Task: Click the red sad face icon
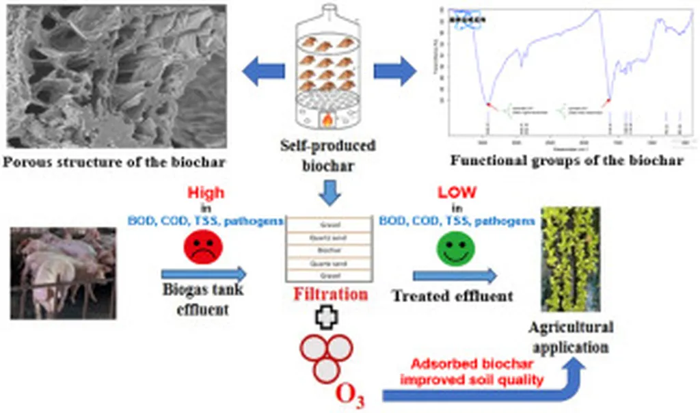click(200, 248)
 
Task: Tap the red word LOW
click(457, 194)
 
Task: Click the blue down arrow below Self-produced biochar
click(329, 194)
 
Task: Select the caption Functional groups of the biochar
click(566, 161)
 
